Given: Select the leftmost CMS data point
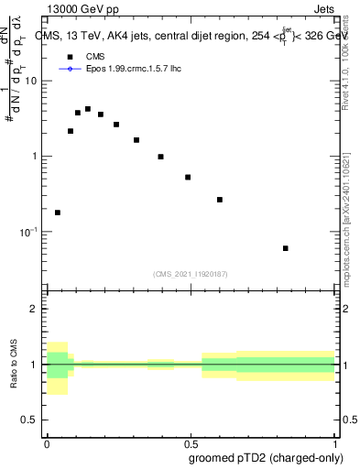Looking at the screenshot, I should (x=58, y=213).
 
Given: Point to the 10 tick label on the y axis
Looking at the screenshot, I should (x=34, y=81).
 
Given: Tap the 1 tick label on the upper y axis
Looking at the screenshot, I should (x=37, y=157).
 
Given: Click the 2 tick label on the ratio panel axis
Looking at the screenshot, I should (x=37, y=309).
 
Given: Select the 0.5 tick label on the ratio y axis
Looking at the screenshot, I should (x=32, y=420).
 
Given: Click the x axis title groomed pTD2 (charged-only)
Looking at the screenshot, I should (x=266, y=457).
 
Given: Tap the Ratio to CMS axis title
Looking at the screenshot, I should (x=15, y=365).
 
